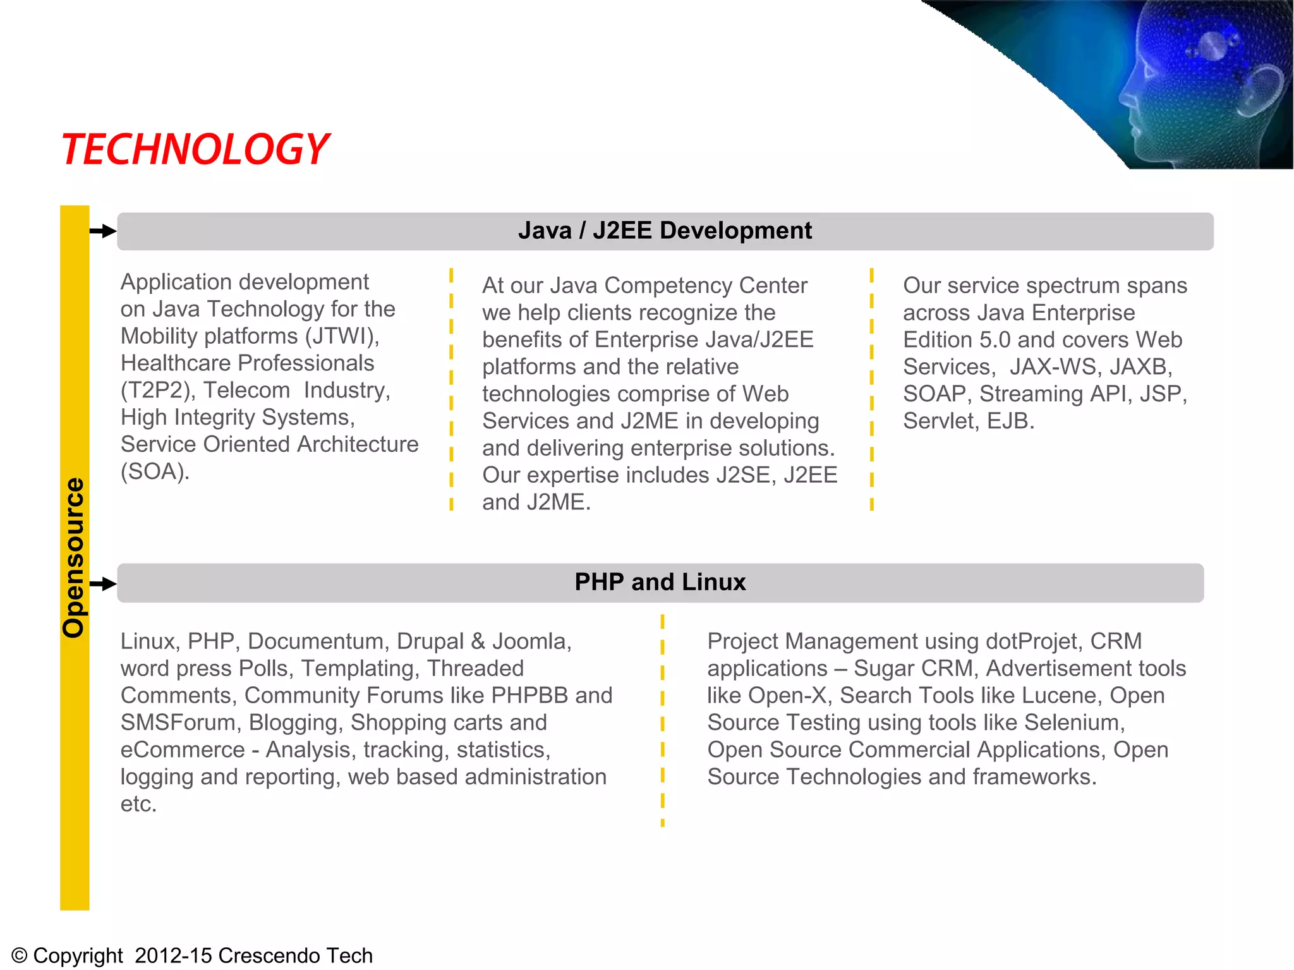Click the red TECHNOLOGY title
pyautogui.click(x=195, y=150)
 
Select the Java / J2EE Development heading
pyautogui.click(x=665, y=231)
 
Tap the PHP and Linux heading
pyautogui.click(x=660, y=582)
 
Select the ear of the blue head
pyautogui.click(x=1257, y=92)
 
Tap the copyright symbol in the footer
pyautogui.click(x=20, y=955)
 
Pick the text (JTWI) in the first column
pyautogui.click(x=342, y=336)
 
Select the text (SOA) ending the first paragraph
pyautogui.click(x=155, y=472)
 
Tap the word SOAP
pyautogui.click(x=935, y=394)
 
